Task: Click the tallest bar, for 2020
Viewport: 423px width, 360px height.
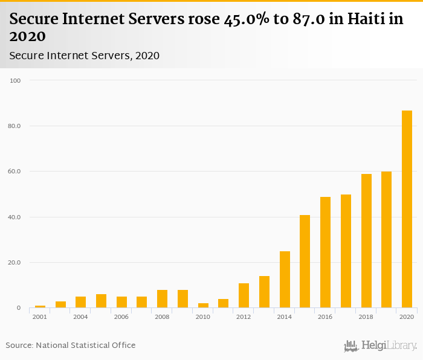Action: tap(407, 209)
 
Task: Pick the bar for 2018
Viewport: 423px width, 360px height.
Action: tap(366, 241)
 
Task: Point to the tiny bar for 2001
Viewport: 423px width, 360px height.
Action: tap(40, 307)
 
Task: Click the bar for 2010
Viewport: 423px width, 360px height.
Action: tap(203, 306)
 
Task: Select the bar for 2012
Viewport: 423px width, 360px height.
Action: tap(244, 295)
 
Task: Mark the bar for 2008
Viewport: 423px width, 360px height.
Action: tap(162, 299)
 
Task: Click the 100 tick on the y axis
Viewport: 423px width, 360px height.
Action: tap(15, 80)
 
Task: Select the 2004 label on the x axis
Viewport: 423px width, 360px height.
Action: tap(81, 317)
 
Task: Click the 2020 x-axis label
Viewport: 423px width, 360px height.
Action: tap(407, 317)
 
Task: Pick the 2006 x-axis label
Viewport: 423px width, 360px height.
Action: tap(121, 317)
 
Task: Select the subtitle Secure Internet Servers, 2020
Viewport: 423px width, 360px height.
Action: tap(85, 56)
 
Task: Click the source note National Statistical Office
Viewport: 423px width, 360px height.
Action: tap(85, 345)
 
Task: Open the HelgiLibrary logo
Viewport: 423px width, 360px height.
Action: tap(381, 346)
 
